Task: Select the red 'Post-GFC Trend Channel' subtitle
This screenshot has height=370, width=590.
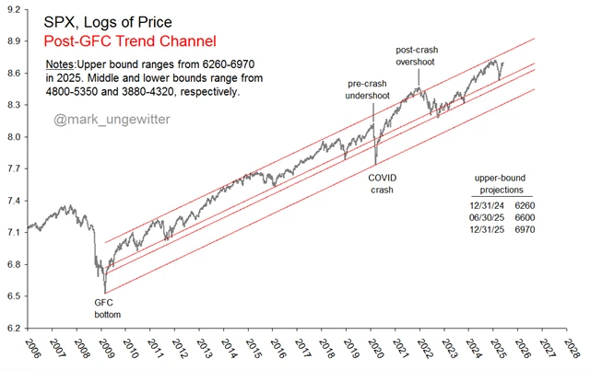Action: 130,41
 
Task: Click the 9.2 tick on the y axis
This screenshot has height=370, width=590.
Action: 13,10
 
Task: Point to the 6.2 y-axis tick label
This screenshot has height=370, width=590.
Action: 13,327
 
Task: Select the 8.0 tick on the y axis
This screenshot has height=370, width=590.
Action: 13,137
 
